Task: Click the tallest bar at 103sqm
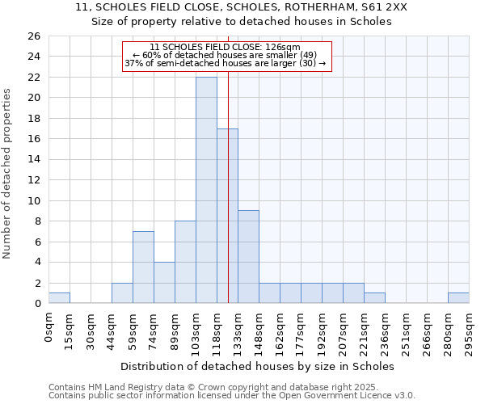pyautogui.click(x=206, y=190)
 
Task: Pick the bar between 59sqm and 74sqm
pyautogui.click(x=143, y=267)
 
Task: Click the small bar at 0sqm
pyautogui.click(x=59, y=298)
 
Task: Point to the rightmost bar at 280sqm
pyautogui.click(x=458, y=298)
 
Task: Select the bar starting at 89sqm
pyautogui.click(x=185, y=263)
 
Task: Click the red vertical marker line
pyautogui.click(x=229, y=186)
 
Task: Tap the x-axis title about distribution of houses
pyautogui.click(x=263, y=366)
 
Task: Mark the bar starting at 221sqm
pyautogui.click(x=374, y=298)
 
